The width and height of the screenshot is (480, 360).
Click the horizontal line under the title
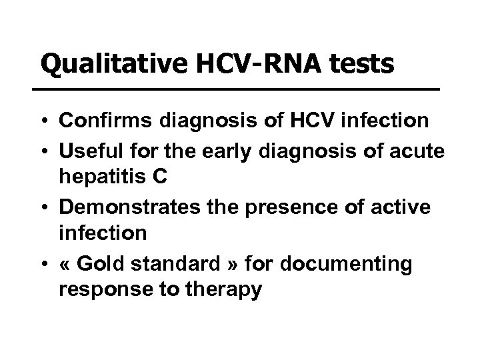[240, 89]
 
